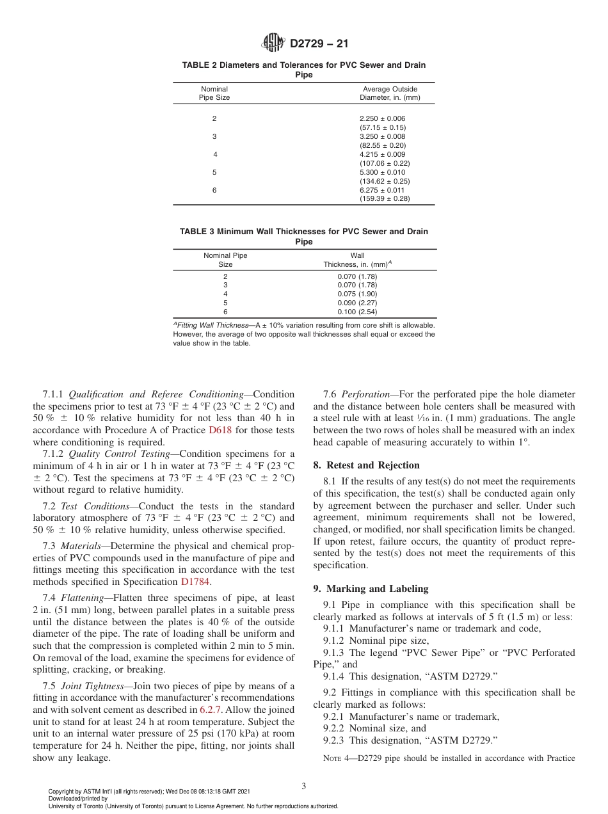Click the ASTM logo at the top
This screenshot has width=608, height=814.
(274, 44)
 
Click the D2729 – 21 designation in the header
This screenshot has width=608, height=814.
(319, 44)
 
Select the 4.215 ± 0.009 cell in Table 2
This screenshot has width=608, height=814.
(382, 154)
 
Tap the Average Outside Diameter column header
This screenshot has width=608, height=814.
(390, 93)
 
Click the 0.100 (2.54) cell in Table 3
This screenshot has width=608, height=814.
(357, 312)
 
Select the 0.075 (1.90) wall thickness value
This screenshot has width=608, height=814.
(357, 294)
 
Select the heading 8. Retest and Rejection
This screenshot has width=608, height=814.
(366, 465)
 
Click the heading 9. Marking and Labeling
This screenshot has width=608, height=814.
(371, 589)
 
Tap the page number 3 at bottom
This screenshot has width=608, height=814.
(303, 786)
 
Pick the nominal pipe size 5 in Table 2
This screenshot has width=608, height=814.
(214, 172)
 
